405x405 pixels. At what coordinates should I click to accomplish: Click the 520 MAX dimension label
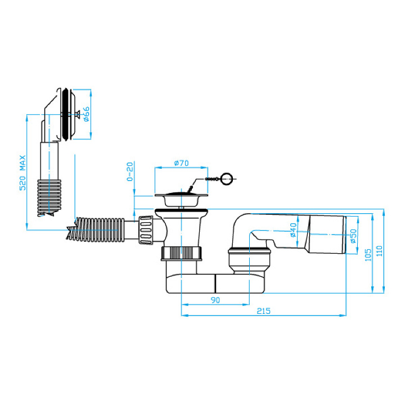23,173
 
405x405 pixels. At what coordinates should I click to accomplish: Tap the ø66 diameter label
86,114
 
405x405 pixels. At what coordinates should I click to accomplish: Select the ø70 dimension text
181,163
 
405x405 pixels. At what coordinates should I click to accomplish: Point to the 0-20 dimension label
130,172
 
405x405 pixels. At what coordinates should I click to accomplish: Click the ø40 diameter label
294,230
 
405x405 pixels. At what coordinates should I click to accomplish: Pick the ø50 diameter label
353,236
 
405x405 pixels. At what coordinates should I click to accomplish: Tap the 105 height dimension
368,255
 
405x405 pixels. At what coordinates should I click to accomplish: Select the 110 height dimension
379,251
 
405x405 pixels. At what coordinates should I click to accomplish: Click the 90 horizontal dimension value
215,300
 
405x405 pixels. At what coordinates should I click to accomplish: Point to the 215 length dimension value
263,311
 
